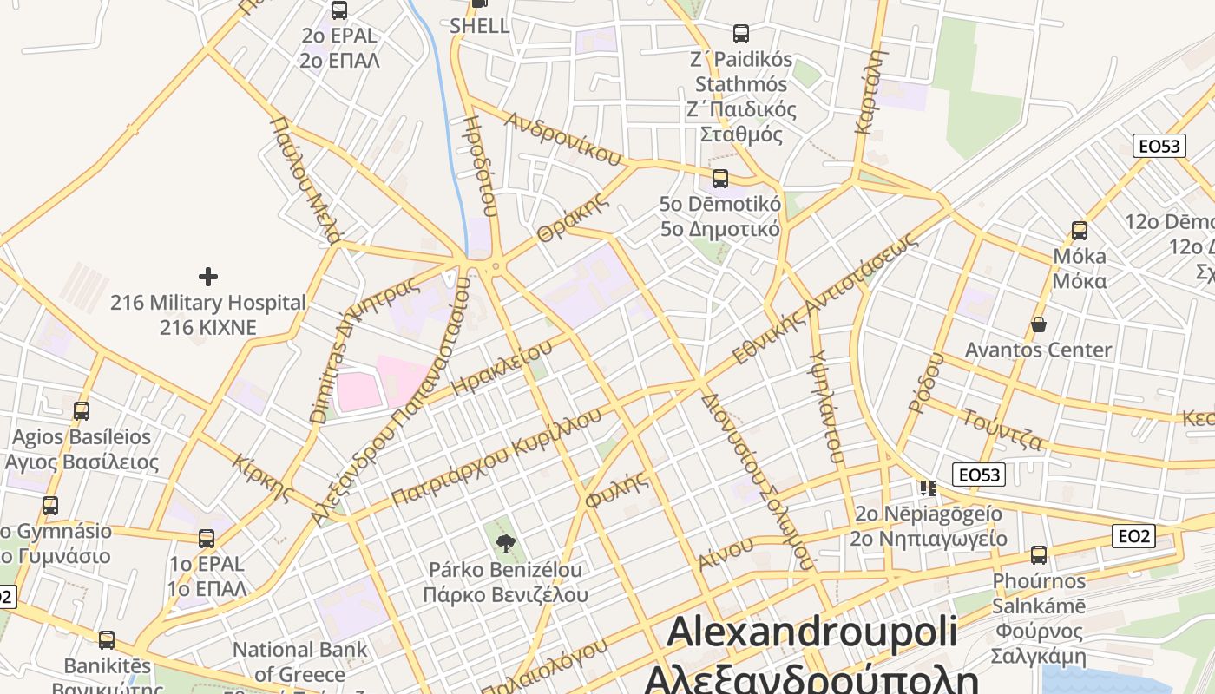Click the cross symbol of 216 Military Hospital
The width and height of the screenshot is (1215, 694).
click(x=208, y=277)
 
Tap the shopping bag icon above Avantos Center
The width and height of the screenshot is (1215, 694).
click(x=1038, y=324)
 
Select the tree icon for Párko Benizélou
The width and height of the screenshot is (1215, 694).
click(x=505, y=544)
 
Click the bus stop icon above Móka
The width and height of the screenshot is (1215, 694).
click(x=1080, y=231)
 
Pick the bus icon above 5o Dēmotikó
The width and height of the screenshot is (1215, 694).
click(x=719, y=179)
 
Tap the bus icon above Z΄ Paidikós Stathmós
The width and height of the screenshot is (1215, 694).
click(x=741, y=34)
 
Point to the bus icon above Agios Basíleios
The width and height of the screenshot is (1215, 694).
click(x=82, y=410)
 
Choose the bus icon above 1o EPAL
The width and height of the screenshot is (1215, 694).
click(x=207, y=538)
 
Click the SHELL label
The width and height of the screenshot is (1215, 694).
click(x=480, y=26)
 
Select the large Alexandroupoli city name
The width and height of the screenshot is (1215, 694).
click(x=811, y=632)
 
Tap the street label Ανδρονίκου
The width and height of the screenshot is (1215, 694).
click(x=563, y=138)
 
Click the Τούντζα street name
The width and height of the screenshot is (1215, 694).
click(x=1002, y=428)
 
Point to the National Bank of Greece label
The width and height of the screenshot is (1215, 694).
click(x=299, y=661)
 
